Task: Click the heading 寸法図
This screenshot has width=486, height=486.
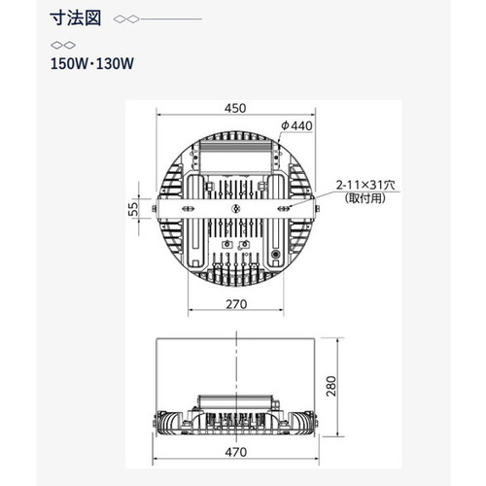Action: [x=76, y=18]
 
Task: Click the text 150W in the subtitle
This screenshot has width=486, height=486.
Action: [x=69, y=63]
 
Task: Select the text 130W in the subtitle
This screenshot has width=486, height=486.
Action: [x=115, y=63]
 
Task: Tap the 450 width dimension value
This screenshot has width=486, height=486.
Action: [x=235, y=108]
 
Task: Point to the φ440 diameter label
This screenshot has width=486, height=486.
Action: [x=296, y=125]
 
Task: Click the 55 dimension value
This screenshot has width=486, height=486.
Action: [x=133, y=209]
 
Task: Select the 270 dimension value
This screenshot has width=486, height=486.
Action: [x=236, y=304]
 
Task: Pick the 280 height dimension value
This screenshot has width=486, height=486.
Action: [x=331, y=386]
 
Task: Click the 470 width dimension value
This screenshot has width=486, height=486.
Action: [x=236, y=452]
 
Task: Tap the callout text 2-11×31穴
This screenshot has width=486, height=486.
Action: [x=365, y=186]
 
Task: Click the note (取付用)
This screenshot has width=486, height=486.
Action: [x=365, y=198]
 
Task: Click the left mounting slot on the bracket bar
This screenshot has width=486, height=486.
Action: [x=189, y=209]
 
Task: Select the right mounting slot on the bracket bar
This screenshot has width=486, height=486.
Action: [x=284, y=209]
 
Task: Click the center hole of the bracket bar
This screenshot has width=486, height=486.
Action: [x=236, y=209]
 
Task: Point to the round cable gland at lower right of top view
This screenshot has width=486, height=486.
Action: [x=276, y=254]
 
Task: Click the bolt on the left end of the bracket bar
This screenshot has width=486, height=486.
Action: [x=154, y=209]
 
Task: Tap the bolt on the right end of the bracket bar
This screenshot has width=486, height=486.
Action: [x=318, y=209]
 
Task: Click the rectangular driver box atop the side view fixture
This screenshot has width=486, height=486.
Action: [x=236, y=402]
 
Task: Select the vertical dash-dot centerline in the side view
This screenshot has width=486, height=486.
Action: [x=237, y=387]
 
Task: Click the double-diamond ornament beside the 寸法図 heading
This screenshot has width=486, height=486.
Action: [x=126, y=19]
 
